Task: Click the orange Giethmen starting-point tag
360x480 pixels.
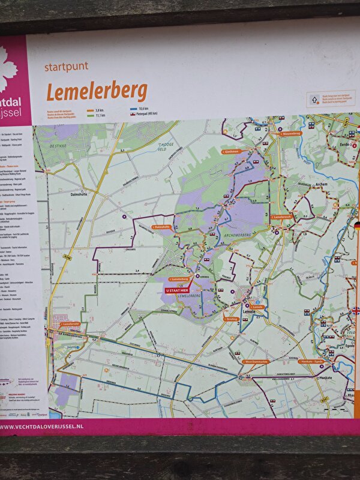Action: (231, 152)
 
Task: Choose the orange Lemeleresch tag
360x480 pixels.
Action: (281, 216)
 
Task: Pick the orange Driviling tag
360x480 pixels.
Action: (232, 319)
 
